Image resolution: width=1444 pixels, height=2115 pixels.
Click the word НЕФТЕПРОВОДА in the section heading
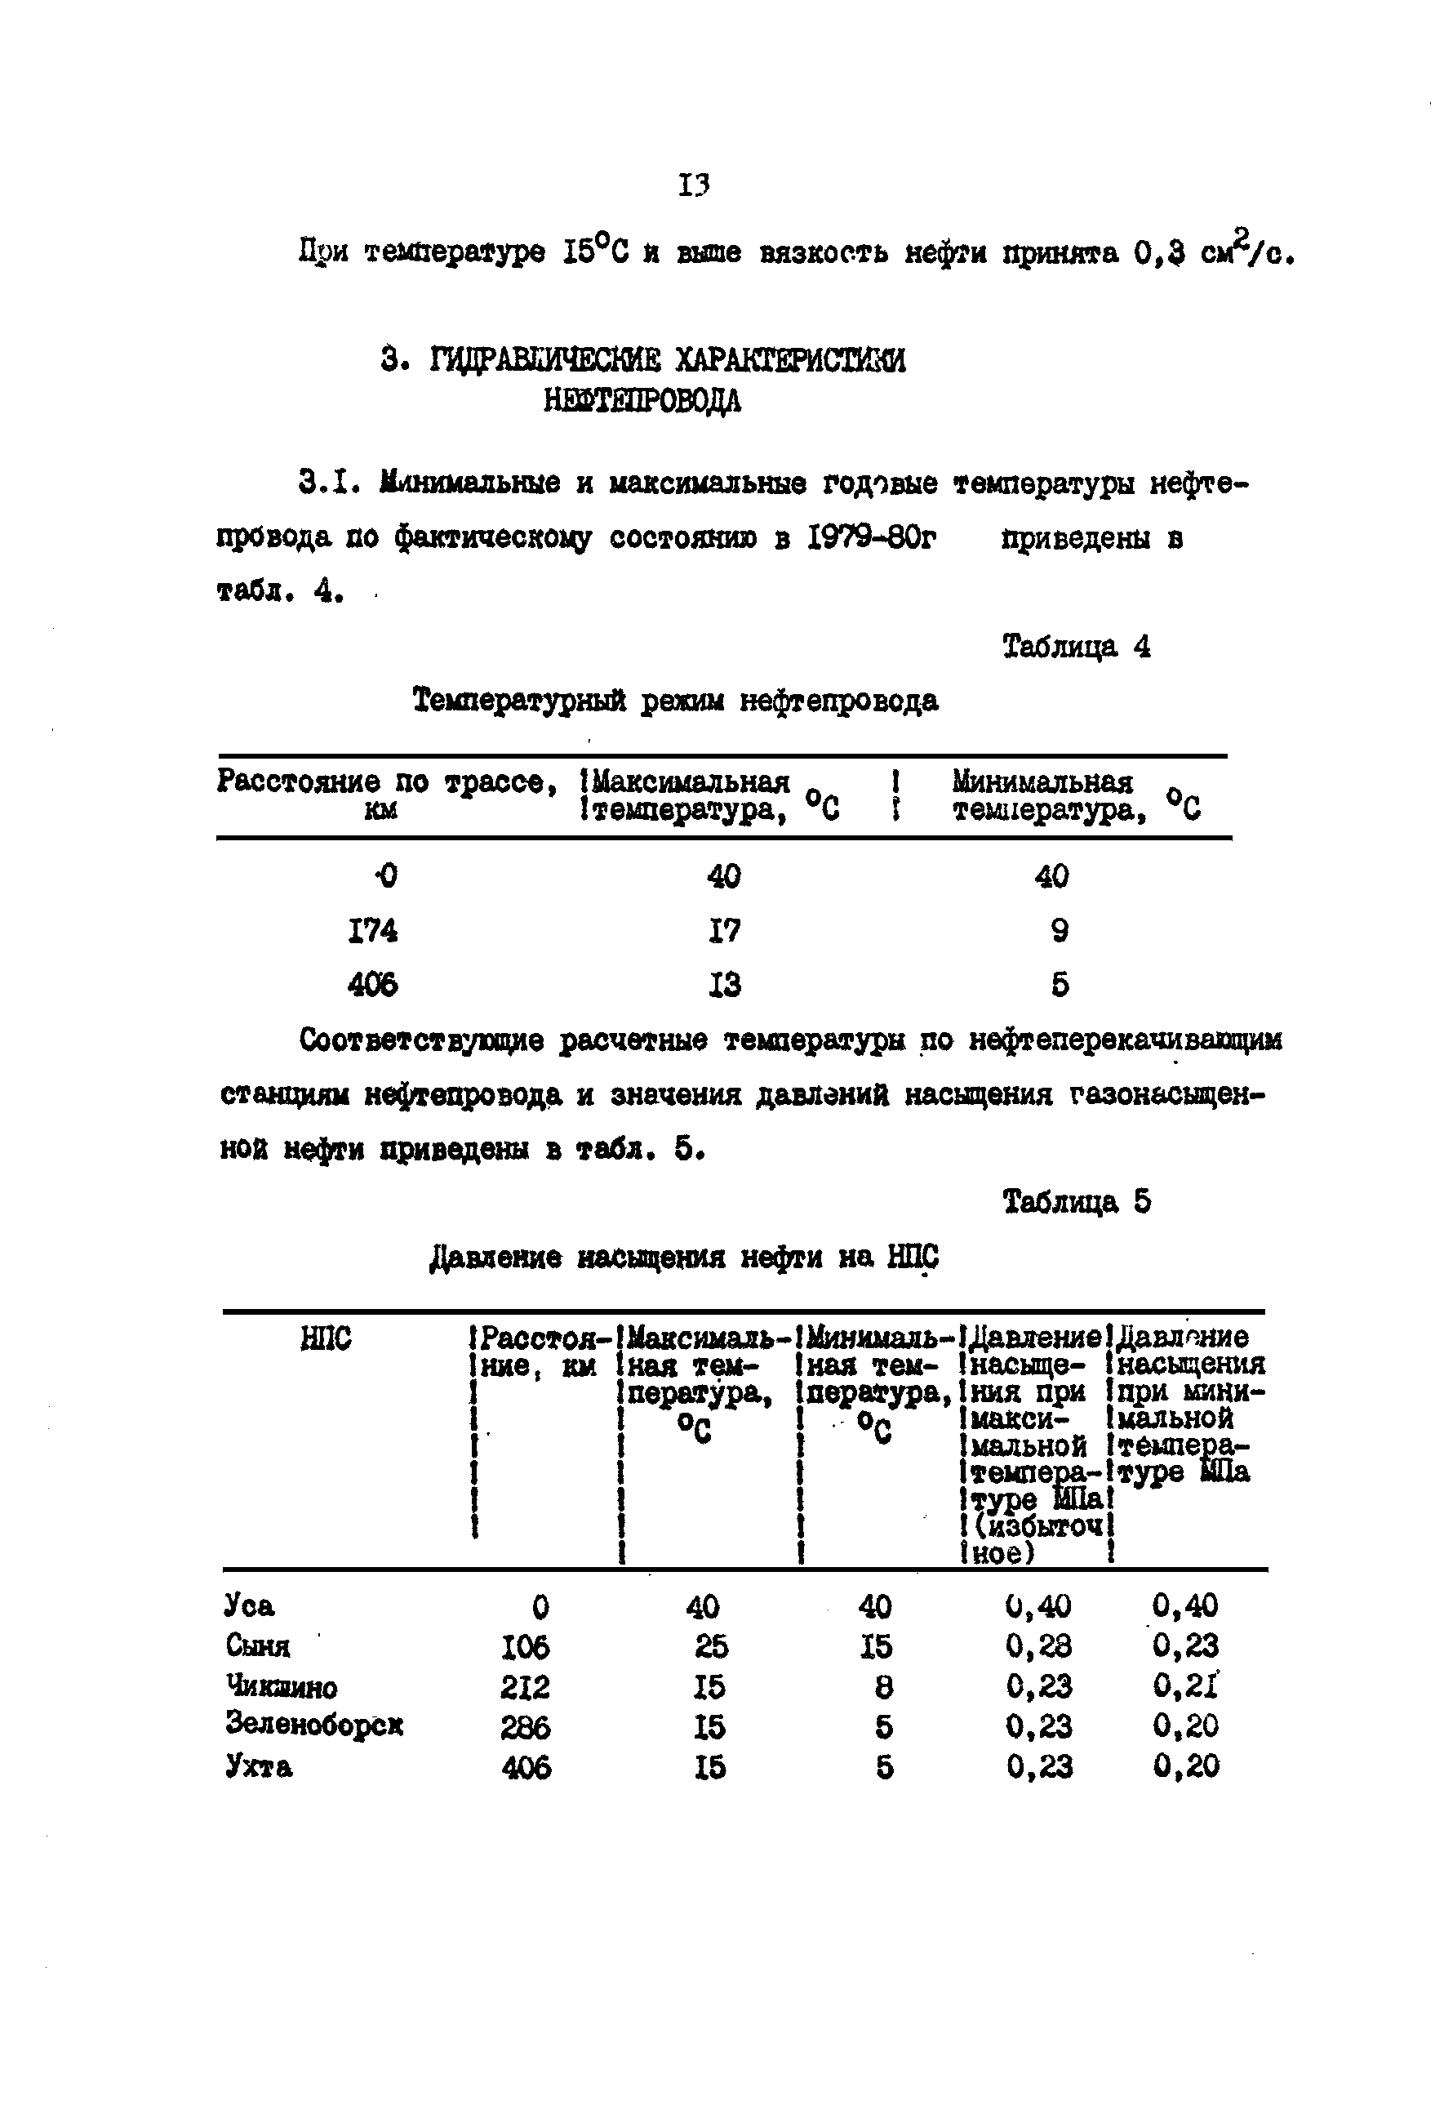pos(642,400)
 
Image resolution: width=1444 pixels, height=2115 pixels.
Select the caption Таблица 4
pos(1077,647)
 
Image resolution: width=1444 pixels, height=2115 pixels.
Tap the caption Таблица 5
pos(1077,1202)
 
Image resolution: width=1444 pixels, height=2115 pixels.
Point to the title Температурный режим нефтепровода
pos(675,701)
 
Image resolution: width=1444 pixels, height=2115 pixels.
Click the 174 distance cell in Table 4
pos(373,930)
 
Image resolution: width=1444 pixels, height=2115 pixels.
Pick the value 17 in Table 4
pos(724,930)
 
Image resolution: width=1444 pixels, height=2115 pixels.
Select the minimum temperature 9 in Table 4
pos(1059,930)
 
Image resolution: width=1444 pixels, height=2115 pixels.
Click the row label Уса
pos(249,1605)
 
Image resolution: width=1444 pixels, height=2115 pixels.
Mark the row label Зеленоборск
pos(314,1725)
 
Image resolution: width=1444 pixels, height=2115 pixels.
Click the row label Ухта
pos(259,1766)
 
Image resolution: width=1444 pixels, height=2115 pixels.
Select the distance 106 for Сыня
pos(526,1646)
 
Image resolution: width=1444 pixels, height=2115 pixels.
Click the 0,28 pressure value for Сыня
pos(1039,1645)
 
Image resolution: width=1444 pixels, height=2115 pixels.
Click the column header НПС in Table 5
pos(325,1338)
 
